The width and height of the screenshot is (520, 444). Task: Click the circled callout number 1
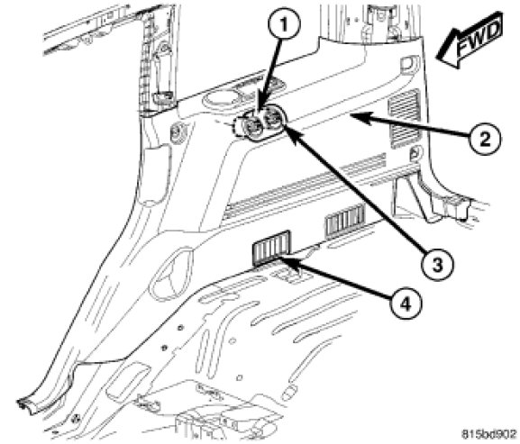coord(284,24)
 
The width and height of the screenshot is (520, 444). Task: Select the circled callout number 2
coord(485,139)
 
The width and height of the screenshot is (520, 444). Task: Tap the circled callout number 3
coord(437,264)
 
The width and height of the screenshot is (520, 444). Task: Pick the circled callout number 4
coord(406,303)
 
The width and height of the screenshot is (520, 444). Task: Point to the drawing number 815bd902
coord(489,434)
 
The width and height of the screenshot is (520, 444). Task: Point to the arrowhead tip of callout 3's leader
coord(282,122)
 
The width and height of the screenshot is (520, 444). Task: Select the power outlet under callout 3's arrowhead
coord(274,118)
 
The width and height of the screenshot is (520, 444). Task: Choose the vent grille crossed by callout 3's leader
coord(345,222)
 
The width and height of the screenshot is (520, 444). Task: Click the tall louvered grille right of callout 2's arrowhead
coord(405,118)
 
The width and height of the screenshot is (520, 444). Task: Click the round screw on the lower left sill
coord(77,419)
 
